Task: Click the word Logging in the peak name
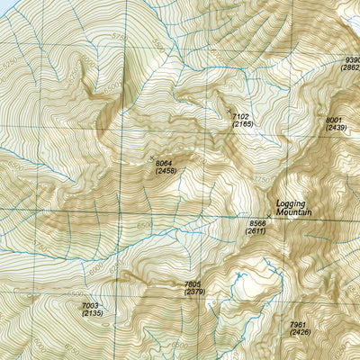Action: pyautogui.click(x=292, y=202)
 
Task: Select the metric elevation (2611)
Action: pyautogui.click(x=256, y=231)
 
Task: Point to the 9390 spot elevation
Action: pyautogui.click(x=352, y=61)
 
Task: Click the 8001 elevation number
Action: pyautogui.click(x=335, y=121)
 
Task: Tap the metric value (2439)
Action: pyautogui.click(x=335, y=130)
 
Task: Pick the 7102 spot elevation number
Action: pyautogui.click(x=240, y=116)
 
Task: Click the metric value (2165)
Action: pyautogui.click(x=241, y=124)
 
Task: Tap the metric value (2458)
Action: pyautogui.click(x=166, y=171)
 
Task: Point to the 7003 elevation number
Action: pyautogui.click(x=91, y=305)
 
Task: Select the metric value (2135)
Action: pyautogui.click(x=91, y=313)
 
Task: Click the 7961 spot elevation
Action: pyautogui.click(x=300, y=325)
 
